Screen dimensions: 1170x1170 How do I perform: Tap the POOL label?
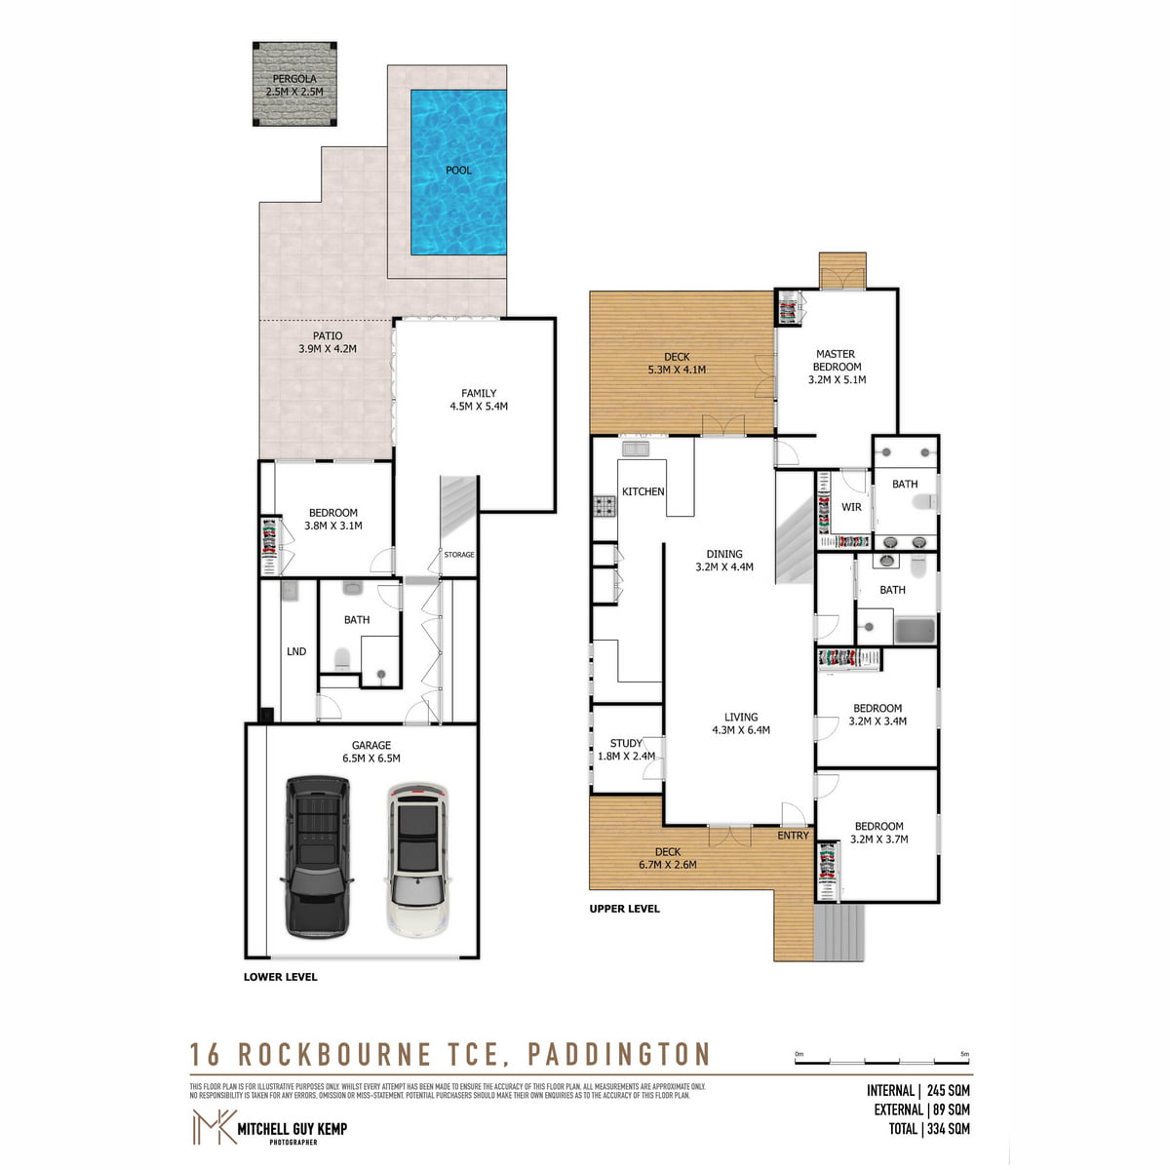click(x=458, y=171)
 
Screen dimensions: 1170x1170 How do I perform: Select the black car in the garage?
click(x=316, y=855)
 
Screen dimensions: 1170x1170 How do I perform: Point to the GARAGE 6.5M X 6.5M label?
click(x=370, y=752)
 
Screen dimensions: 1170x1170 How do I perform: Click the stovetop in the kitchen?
click(x=604, y=506)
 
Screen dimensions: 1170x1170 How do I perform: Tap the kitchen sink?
click(x=637, y=448)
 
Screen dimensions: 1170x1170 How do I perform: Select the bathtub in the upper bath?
click(x=915, y=630)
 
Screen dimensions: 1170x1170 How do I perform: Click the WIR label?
click(x=851, y=507)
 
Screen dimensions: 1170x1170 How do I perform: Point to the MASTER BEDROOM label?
click(x=837, y=367)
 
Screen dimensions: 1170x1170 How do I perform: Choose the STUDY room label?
click(x=626, y=749)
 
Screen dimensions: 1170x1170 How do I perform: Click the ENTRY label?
click(x=793, y=836)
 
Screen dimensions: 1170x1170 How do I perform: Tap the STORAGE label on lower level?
click(x=459, y=555)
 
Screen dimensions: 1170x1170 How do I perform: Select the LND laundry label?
click(x=296, y=651)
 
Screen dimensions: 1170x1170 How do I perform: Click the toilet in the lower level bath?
click(x=342, y=660)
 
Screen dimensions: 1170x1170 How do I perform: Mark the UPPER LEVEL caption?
click(x=624, y=909)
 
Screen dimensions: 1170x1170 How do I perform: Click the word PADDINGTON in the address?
click(x=619, y=1054)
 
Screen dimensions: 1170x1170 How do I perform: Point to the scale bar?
click(x=882, y=1060)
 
